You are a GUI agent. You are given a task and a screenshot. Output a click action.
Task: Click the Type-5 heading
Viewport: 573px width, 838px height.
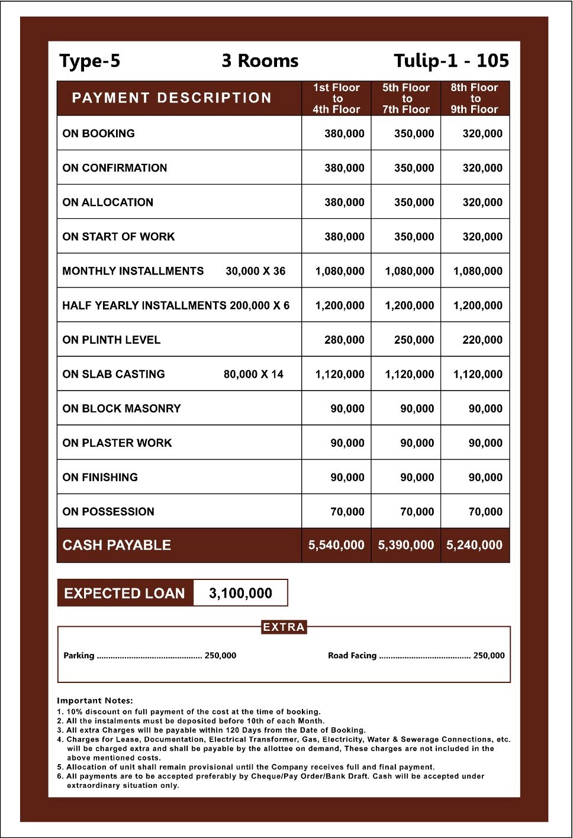89,61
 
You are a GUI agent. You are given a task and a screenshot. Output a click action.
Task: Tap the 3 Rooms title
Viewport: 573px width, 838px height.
260,61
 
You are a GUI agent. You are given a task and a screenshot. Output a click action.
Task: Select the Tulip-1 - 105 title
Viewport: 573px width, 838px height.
451,61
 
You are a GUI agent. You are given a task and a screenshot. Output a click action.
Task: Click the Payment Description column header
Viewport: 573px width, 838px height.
172,98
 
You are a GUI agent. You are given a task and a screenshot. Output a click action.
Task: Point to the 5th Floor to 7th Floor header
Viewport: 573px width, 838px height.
406,98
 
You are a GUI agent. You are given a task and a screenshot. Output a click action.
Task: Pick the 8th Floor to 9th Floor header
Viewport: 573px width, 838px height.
475,98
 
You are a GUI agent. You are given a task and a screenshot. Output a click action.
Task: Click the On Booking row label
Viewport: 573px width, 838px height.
99,134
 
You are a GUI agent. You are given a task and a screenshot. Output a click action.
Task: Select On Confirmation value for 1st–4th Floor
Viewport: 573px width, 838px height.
344,168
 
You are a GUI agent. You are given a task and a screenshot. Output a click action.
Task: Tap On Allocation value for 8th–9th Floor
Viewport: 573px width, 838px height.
482,202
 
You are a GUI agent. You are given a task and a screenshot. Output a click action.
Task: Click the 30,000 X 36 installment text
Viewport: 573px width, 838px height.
255,271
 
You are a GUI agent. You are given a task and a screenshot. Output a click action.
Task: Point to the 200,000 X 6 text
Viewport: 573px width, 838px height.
260,305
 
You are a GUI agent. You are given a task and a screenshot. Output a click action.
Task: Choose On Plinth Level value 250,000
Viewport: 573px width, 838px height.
414,340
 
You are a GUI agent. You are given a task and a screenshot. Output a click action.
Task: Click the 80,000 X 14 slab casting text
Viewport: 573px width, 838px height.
253,374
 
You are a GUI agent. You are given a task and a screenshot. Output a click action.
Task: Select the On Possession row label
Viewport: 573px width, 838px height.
108,511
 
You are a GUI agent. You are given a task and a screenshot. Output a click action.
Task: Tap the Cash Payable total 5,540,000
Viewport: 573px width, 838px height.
336,545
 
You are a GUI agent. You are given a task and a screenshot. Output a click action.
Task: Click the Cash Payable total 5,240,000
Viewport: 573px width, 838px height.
474,545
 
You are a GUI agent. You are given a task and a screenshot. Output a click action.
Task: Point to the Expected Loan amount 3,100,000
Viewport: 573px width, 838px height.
240,593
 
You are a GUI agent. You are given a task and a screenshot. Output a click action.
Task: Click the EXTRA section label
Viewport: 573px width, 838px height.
284,627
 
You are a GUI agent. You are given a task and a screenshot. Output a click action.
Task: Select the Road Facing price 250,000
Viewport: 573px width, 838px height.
489,655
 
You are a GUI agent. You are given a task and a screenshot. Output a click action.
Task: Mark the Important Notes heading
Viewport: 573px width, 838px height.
95,700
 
